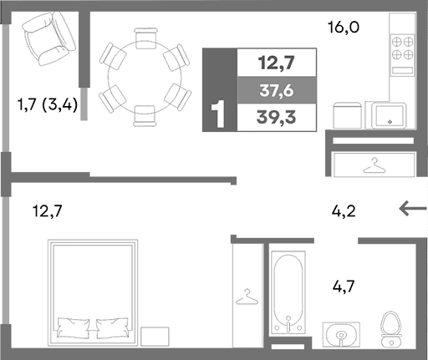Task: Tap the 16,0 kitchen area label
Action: click(343, 27)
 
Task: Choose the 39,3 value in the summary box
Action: click(277, 117)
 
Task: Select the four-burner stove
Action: click(401, 48)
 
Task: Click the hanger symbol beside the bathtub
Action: click(246, 296)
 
